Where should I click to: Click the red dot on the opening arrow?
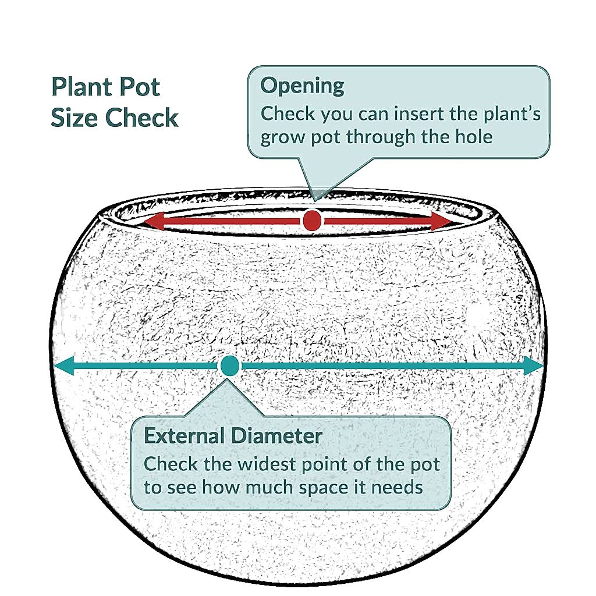(312, 221)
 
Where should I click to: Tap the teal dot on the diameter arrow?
(229, 366)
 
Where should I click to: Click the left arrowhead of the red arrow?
(154, 221)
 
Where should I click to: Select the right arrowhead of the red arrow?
(441, 221)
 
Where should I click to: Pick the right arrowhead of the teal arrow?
(534, 366)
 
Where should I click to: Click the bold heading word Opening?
(302, 86)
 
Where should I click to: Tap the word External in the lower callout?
(184, 435)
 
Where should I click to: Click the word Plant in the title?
(80, 87)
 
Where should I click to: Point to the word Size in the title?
(74, 118)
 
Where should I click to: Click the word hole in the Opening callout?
(474, 136)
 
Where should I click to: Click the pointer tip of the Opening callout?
(316, 199)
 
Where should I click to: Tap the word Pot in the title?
(140, 87)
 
